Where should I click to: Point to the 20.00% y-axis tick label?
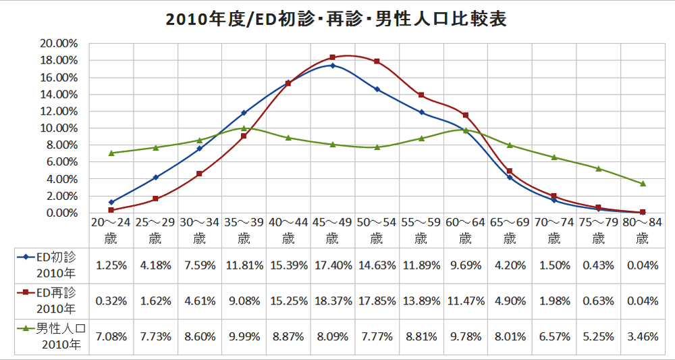(59, 43)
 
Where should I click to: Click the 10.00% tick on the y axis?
(59, 128)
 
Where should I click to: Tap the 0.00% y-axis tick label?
(61, 213)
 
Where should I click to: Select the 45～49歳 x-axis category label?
(332, 229)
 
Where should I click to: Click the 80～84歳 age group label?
(643, 229)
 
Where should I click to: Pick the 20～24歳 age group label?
(110, 229)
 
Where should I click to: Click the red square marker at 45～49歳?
(333, 57)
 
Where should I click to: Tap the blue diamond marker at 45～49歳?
(333, 66)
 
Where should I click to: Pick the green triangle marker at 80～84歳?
(643, 184)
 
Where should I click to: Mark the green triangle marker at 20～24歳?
(111, 153)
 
